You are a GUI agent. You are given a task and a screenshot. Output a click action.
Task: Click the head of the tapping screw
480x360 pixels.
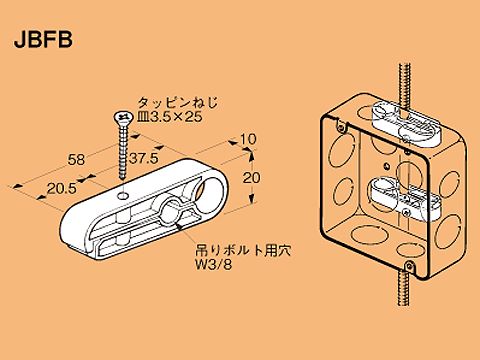point(121,119)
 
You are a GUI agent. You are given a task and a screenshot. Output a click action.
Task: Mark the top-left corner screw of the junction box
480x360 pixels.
point(341,128)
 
